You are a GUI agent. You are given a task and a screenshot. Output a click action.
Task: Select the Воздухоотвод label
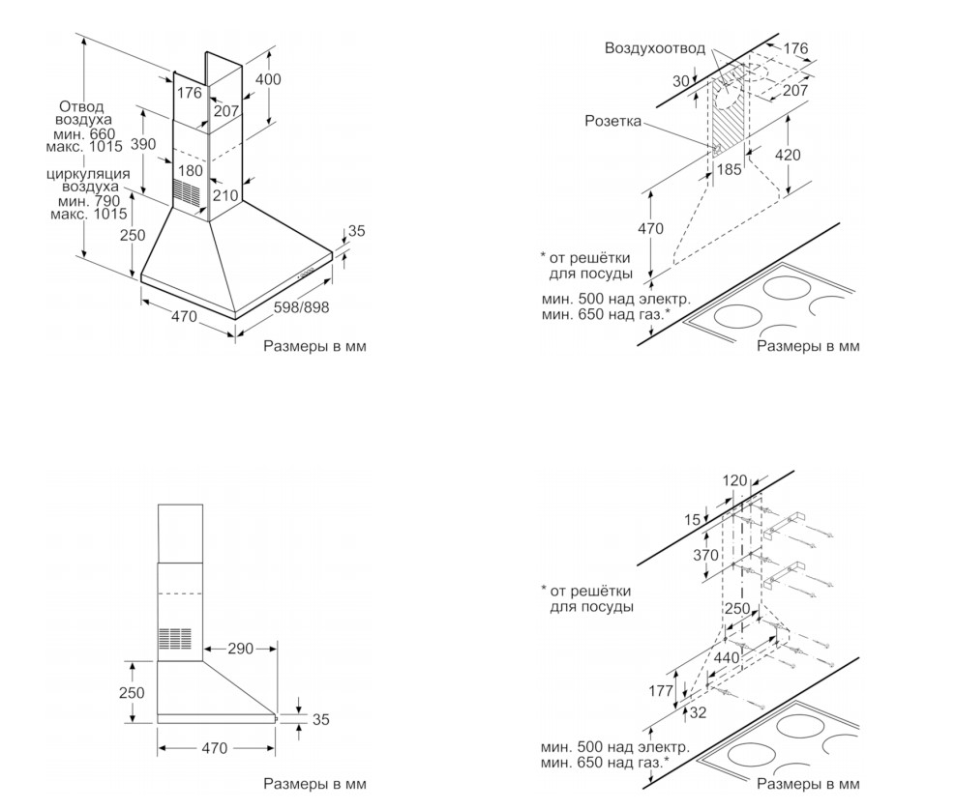tap(654, 47)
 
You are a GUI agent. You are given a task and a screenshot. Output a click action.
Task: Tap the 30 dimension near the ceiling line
tap(682, 82)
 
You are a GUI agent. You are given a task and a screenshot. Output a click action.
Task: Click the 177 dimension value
tap(662, 690)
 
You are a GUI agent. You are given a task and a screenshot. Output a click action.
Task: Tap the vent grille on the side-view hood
tap(175, 640)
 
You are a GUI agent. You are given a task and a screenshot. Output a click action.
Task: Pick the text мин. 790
tap(87, 200)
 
